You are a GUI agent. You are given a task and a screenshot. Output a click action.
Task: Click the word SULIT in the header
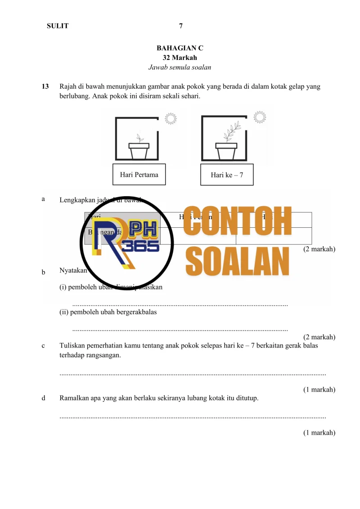coord(58,26)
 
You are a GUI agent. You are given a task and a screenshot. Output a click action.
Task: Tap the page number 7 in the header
coord(180,26)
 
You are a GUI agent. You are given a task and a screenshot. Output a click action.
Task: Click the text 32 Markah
coord(180,58)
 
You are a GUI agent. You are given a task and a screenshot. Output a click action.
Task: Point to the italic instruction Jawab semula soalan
coord(180,68)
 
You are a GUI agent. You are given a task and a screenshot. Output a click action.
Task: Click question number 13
coord(45,86)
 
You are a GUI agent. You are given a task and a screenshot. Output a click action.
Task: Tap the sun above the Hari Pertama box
coord(170,118)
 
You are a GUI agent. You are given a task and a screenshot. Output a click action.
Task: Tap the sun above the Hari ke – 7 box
coord(259,117)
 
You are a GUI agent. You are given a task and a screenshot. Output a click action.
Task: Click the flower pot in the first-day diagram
coord(139,151)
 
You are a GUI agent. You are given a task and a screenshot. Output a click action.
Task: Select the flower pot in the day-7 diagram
coord(226,151)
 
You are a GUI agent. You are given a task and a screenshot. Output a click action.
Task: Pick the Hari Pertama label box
coord(139,175)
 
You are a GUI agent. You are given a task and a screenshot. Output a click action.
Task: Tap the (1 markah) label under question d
coord(319,433)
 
